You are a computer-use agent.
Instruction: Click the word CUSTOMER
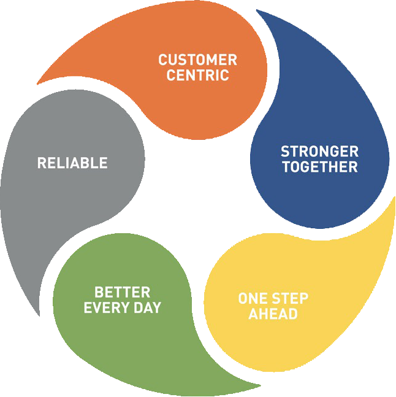tap(197, 60)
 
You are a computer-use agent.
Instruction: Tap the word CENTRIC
tap(197, 76)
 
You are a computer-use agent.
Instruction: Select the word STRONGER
tap(319, 152)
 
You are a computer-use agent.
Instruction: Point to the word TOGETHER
tap(319, 167)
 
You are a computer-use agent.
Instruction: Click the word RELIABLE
tap(72, 163)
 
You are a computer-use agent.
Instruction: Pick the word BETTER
tap(122, 292)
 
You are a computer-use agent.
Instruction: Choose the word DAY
tap(148, 308)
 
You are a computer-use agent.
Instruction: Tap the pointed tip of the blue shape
tap(257, 10)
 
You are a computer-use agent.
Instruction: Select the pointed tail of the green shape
tap(260, 387)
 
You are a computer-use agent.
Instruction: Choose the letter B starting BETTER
tap(98, 292)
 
